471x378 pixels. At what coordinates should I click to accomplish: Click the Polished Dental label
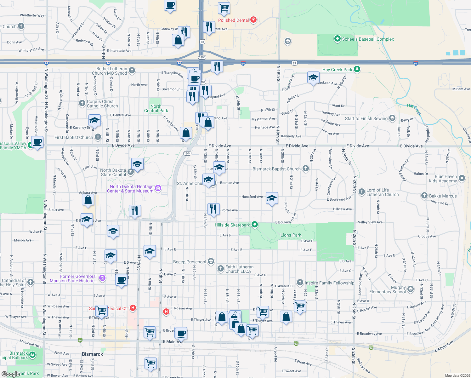(x=233, y=20)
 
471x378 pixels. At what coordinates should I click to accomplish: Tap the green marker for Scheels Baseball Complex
(x=337, y=39)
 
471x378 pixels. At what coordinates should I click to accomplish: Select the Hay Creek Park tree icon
(x=357, y=69)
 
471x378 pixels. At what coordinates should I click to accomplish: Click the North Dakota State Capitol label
(x=113, y=172)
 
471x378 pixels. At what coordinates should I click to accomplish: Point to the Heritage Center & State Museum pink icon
(x=158, y=189)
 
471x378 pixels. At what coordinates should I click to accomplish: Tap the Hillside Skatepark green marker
(x=255, y=225)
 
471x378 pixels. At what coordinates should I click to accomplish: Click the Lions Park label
(x=291, y=235)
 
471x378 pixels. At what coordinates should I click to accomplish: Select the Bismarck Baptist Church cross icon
(x=305, y=169)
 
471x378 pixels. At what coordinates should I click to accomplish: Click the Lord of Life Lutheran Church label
(x=382, y=192)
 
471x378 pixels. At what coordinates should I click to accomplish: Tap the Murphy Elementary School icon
(x=410, y=289)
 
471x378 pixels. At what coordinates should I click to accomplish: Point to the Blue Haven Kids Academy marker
(x=462, y=178)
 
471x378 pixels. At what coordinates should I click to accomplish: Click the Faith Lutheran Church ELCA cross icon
(x=221, y=269)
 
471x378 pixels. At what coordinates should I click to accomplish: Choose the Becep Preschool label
(x=190, y=262)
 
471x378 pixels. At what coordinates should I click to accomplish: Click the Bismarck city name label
(x=92, y=354)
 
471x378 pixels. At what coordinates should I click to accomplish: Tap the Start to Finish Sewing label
(x=366, y=118)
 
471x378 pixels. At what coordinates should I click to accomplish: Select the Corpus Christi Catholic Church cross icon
(x=82, y=103)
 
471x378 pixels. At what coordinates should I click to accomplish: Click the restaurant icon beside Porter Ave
(x=213, y=209)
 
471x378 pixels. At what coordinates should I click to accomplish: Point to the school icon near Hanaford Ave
(x=272, y=198)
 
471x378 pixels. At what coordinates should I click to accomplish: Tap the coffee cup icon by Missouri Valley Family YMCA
(x=37, y=142)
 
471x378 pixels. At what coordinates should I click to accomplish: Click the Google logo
(x=10, y=374)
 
